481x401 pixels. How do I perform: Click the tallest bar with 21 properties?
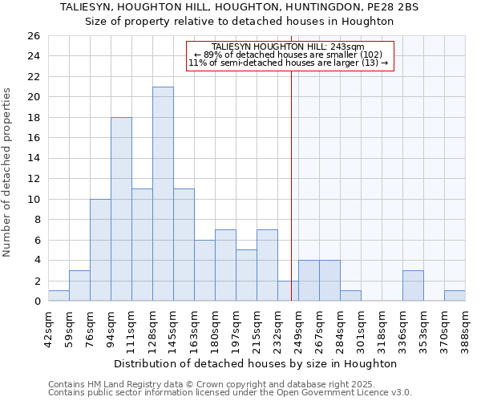coord(163,194)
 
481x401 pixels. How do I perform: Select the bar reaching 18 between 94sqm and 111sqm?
coord(121,209)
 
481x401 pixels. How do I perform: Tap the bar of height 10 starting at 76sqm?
coord(100,250)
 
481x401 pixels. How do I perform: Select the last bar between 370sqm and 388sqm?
coord(455,296)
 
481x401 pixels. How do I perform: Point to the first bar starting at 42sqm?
coord(59,296)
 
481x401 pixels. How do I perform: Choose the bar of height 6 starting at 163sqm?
coord(204,270)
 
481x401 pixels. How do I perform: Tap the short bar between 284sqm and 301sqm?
coord(350,296)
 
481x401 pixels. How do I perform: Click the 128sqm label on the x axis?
coord(142,326)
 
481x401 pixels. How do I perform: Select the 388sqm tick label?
coord(465,326)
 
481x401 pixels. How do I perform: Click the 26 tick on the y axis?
coord(33,36)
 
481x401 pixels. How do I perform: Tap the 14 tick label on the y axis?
coord(33,159)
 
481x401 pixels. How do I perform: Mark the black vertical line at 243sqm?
coord(290,184)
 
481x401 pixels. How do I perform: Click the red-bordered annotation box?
coord(290,55)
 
